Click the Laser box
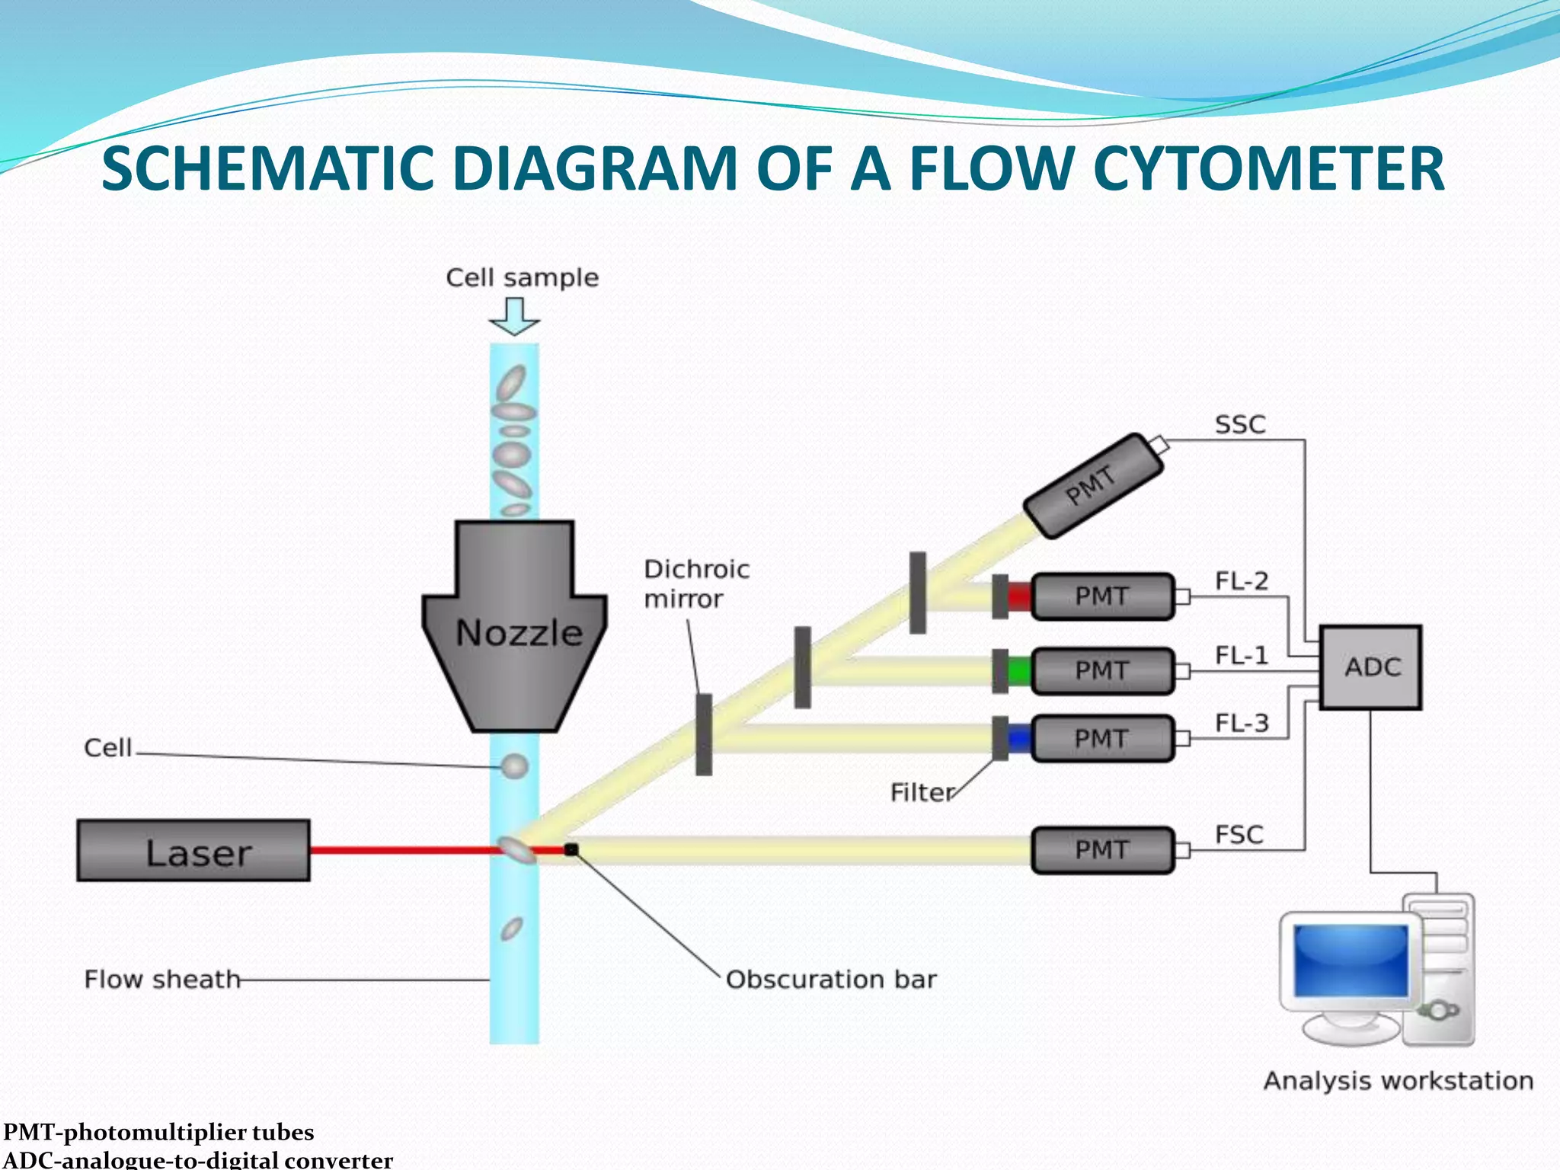(x=193, y=850)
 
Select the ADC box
(x=1370, y=667)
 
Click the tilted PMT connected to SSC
(x=1093, y=485)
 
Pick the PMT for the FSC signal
(x=1102, y=849)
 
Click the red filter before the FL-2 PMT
(x=1019, y=596)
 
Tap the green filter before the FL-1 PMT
(x=1019, y=671)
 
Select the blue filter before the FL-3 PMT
(x=1019, y=738)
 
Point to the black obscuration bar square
(x=571, y=849)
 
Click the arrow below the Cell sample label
(x=515, y=316)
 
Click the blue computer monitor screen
(x=1351, y=961)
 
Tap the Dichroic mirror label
(x=695, y=583)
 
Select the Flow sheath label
(x=161, y=979)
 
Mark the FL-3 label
(x=1242, y=722)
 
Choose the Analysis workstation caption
(x=1398, y=1081)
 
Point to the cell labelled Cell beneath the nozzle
(x=514, y=766)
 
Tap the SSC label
(x=1240, y=424)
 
